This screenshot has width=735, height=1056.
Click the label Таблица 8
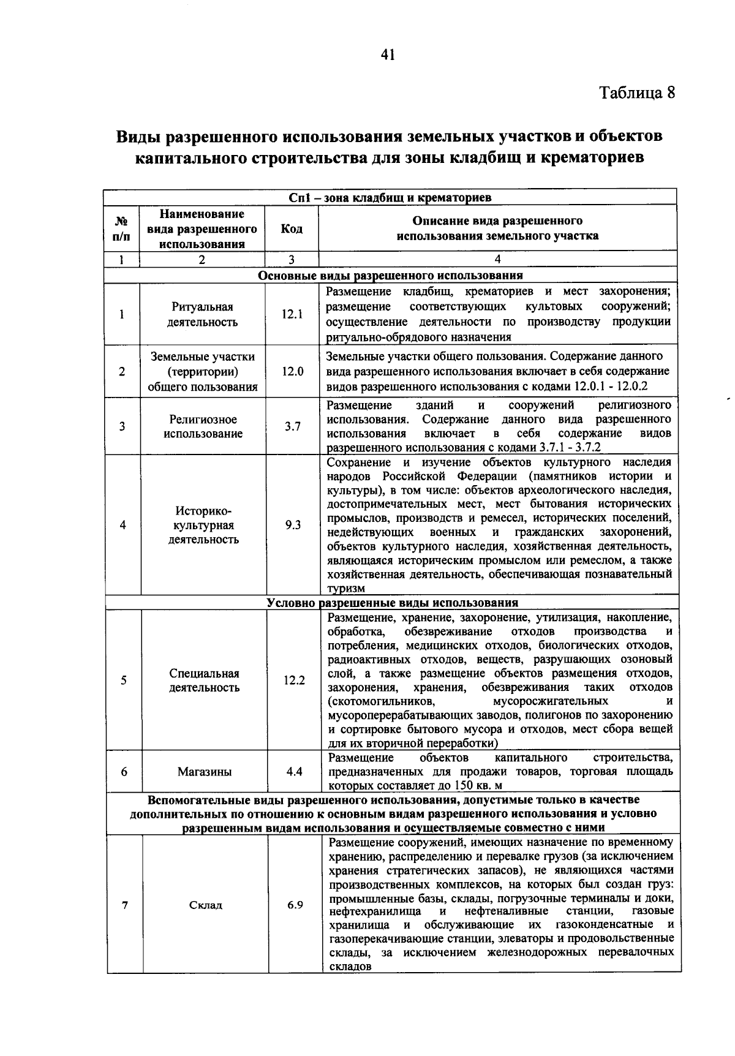click(637, 92)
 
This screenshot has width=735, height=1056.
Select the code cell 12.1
click(292, 314)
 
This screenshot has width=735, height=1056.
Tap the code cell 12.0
click(292, 371)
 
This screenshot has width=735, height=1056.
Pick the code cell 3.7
click(292, 426)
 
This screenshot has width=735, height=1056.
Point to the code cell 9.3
click(293, 525)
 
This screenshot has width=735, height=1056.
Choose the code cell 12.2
click(294, 680)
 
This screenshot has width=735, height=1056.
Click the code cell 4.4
click(294, 771)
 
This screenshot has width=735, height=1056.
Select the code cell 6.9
click(295, 905)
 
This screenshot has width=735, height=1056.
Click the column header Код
click(292, 228)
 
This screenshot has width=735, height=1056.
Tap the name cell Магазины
click(205, 772)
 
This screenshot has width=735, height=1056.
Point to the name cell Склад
click(205, 905)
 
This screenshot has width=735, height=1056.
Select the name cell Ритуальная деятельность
click(203, 314)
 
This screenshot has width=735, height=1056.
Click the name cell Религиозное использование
click(203, 426)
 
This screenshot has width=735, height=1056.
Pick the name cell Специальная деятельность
click(204, 680)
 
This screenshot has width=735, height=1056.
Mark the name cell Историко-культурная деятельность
click(203, 525)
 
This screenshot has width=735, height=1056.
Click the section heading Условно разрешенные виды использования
click(392, 603)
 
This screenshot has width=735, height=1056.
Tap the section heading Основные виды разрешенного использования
click(390, 276)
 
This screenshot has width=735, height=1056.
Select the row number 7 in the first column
click(125, 905)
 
